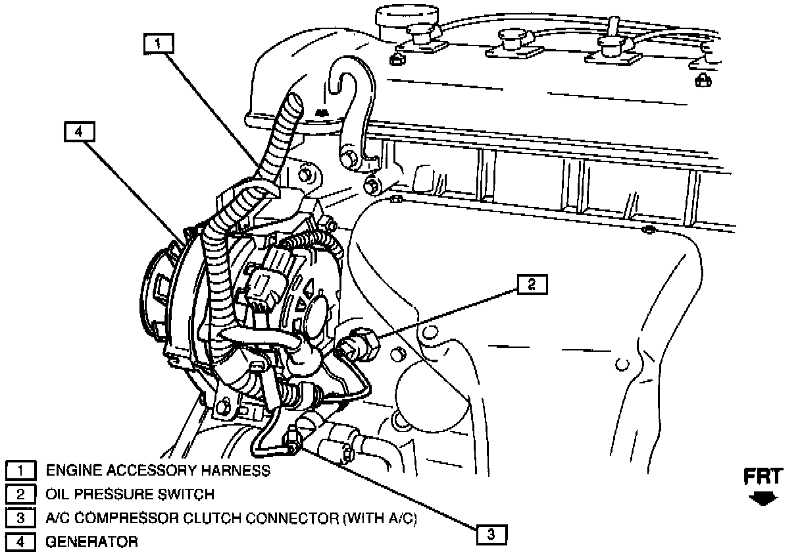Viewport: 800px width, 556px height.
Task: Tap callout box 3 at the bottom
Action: tap(491, 534)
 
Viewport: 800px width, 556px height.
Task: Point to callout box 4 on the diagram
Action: tap(79, 132)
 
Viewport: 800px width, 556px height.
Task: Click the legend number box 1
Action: tap(20, 470)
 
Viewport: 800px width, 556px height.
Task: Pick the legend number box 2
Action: tap(20, 494)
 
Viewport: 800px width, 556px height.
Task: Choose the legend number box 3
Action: tap(20, 518)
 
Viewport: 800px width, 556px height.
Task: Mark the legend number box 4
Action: tap(20, 542)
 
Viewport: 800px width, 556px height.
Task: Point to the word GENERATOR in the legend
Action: tap(92, 542)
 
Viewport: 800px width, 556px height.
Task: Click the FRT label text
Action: tap(763, 477)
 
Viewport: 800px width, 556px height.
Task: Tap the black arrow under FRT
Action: tap(763, 499)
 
